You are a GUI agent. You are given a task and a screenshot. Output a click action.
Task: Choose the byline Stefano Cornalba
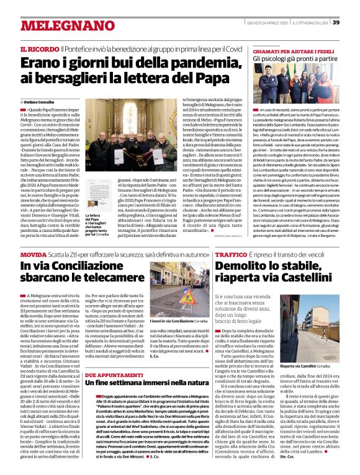(40, 101)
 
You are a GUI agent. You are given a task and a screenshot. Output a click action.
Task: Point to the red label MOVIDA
(32, 254)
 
